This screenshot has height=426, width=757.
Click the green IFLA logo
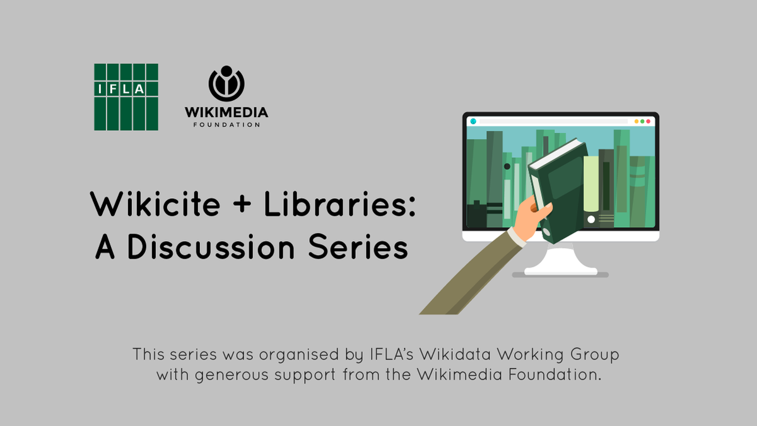point(126,97)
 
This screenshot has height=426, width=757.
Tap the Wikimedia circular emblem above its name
point(226,83)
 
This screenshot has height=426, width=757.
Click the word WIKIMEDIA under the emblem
point(226,112)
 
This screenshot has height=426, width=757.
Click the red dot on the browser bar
point(648,121)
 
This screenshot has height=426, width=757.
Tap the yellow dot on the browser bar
point(635,121)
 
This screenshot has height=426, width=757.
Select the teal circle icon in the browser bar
point(473,121)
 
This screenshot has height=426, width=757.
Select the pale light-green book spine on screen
point(591,183)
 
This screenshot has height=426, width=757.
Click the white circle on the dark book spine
point(591,220)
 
